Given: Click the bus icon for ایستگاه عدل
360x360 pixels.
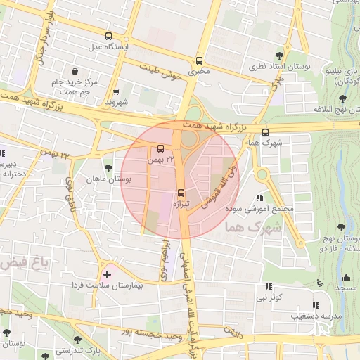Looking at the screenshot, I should [x=108, y=35].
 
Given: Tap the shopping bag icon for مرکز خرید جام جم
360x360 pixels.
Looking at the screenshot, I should [x=75, y=71].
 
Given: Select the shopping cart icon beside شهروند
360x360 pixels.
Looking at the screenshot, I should [x=116, y=91].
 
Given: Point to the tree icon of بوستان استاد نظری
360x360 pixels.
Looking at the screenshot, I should [x=280, y=54].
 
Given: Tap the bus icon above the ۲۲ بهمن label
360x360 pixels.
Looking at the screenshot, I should [x=161, y=148].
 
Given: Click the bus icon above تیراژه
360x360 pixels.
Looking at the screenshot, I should [x=181, y=191].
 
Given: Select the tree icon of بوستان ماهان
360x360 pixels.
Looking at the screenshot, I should [x=108, y=168].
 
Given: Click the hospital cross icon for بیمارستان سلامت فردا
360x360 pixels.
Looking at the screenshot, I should [x=106, y=274].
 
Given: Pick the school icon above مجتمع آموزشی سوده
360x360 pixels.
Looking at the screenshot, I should [x=259, y=198].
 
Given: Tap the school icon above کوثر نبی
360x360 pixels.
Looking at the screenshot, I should [x=269, y=286].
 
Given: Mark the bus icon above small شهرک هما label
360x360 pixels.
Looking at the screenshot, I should [x=265, y=131].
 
